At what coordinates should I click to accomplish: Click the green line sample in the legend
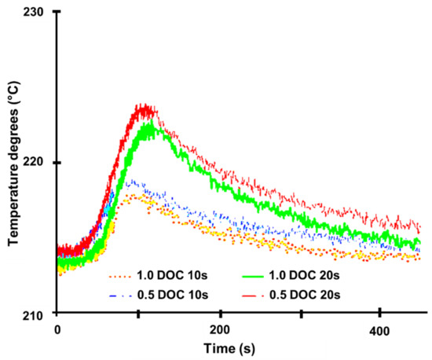pos(249,276)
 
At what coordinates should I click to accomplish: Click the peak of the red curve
pos(142,106)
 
